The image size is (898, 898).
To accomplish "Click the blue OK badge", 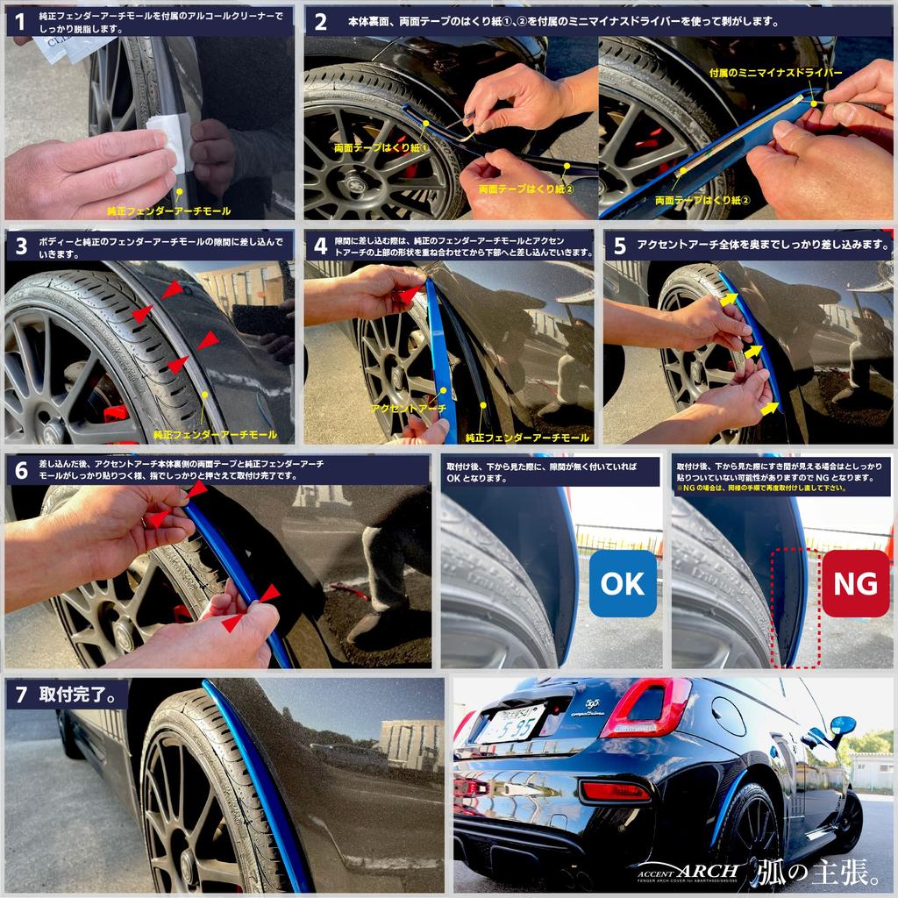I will coord(623,583).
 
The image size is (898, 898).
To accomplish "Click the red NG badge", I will coord(855,583).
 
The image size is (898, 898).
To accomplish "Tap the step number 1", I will coord(20,22).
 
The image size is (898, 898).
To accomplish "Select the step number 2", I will coord(321,22).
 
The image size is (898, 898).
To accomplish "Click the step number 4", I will coord(321,246).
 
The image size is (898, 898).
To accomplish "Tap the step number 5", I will coord(620,246).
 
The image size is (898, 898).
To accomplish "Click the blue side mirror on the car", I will coord(842,726).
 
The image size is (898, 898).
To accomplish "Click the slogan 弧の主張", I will coord(819,872).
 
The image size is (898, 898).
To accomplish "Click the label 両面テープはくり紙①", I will coord(381,149).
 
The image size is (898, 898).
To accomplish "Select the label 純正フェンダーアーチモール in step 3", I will coord(215,434).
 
